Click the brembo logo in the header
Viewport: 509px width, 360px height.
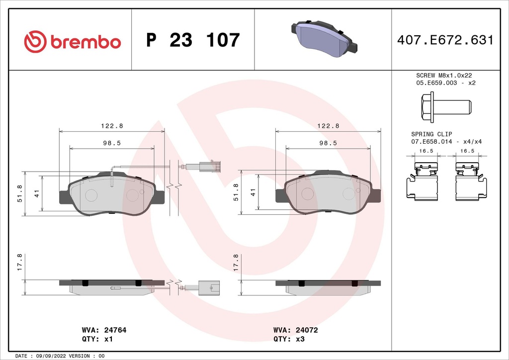coord(73,41)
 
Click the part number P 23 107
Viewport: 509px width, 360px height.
coord(193,40)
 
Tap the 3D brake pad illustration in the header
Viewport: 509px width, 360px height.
coord(324,39)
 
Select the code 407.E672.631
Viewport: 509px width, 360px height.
coord(445,40)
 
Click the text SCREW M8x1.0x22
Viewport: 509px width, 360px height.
coord(444,75)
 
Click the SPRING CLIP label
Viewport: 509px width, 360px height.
coord(430,134)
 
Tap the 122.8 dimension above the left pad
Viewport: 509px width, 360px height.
coord(111,126)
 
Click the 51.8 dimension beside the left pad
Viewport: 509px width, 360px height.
coord(19,193)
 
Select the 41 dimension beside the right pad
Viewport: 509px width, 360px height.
coord(253,193)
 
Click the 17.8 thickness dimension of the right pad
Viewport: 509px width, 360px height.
coord(236,263)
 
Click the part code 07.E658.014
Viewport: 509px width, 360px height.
coord(431,142)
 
